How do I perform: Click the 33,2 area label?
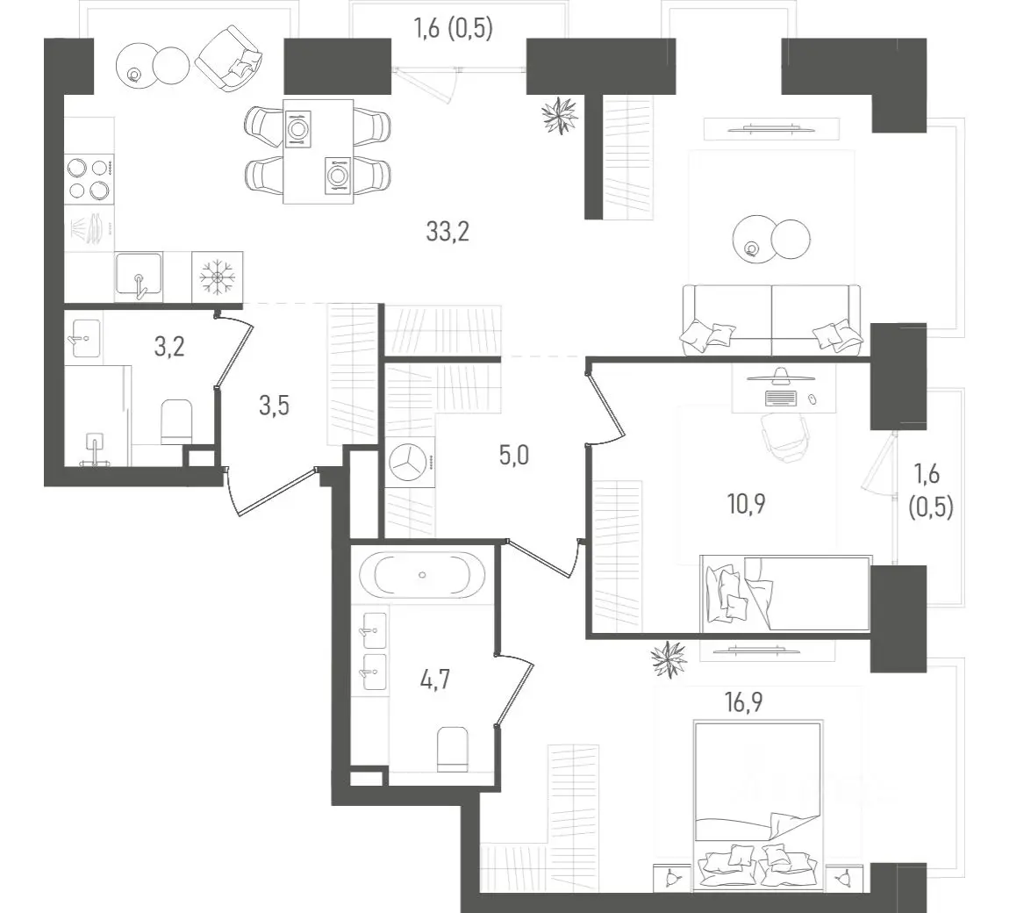click(447, 231)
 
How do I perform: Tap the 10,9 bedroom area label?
click(747, 504)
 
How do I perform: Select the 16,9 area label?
click(744, 701)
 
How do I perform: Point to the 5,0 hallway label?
click(514, 456)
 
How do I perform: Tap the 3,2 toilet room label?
click(169, 347)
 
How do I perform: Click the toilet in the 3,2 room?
click(176, 422)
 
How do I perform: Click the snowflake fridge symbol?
click(218, 277)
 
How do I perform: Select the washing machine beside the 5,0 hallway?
click(410, 462)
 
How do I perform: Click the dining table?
click(318, 151)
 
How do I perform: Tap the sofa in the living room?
click(771, 320)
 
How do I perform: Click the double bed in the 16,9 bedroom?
click(758, 798)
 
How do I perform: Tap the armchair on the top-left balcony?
click(230, 59)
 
